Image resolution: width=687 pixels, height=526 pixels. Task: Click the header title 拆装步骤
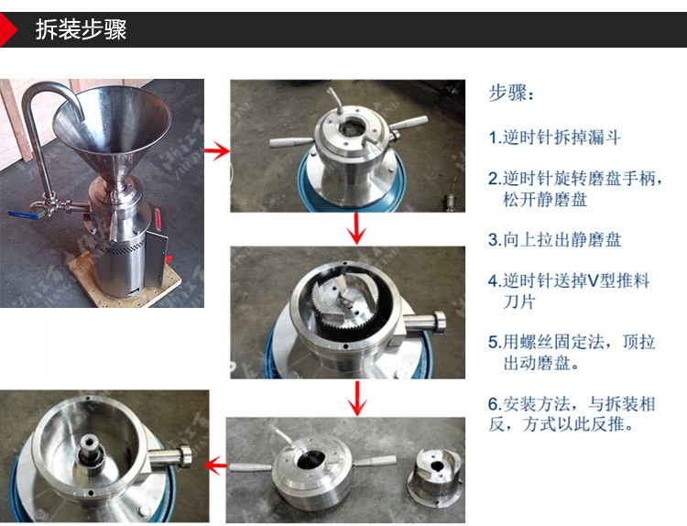pos(81,29)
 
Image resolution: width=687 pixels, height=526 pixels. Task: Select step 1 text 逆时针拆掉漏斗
pos(562,138)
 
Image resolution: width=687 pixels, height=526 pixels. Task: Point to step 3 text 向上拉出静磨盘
pos(562,240)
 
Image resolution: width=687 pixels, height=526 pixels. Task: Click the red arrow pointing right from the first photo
pos(216,150)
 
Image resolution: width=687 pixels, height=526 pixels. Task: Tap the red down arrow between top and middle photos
pos(358,228)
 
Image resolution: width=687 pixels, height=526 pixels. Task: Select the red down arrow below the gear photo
pos(358,397)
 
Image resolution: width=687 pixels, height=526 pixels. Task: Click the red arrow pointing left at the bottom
pos(216,466)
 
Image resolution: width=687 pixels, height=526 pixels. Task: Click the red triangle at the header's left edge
pos(8,30)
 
